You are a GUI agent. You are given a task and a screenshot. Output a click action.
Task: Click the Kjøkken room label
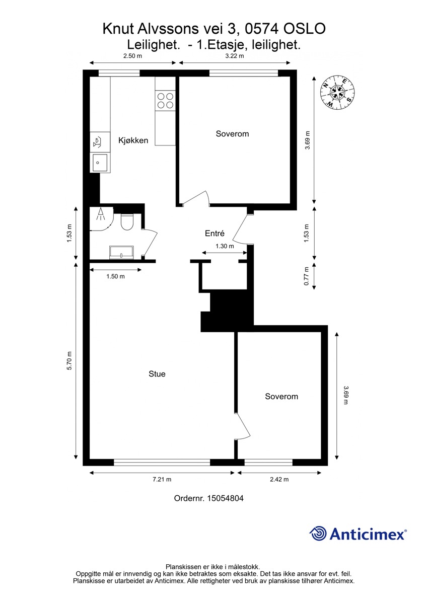(133, 140)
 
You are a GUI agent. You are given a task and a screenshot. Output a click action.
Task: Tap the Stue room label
(157, 374)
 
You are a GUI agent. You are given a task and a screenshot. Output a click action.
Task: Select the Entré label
(215, 233)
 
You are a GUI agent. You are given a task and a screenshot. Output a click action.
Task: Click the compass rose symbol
(337, 93)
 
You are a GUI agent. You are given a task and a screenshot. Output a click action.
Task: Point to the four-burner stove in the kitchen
(165, 101)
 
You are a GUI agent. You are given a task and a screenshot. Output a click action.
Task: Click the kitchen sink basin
(100, 163)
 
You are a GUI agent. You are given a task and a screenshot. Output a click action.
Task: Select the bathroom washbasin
(121, 252)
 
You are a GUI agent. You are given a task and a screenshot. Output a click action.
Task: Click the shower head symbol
(101, 214)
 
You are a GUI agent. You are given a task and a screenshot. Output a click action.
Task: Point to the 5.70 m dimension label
(69, 361)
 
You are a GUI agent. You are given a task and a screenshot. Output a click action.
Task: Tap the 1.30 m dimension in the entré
(225, 246)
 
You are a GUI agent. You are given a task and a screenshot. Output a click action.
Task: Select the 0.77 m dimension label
(306, 276)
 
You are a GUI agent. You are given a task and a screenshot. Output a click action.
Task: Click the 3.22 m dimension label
(235, 56)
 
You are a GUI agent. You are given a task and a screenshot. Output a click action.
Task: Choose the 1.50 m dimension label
(115, 276)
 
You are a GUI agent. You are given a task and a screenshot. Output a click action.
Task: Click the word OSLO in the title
(305, 29)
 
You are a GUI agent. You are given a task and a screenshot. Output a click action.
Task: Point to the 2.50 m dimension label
(132, 56)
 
